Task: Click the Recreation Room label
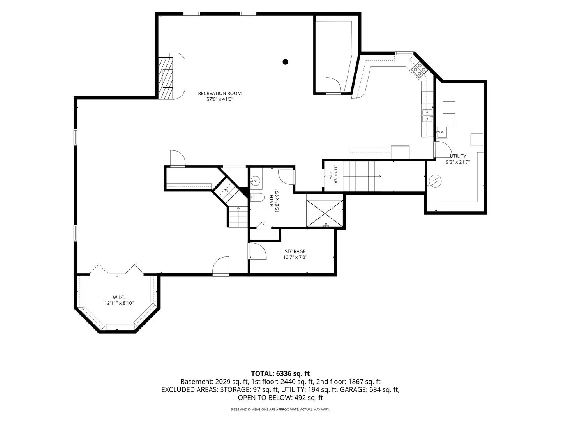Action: pyautogui.click(x=220, y=93)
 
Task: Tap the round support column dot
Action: pyautogui.click(x=285, y=62)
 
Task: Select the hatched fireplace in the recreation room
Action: pyautogui.click(x=165, y=78)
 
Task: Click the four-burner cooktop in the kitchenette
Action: pyautogui.click(x=419, y=69)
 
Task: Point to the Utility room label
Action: pyautogui.click(x=458, y=156)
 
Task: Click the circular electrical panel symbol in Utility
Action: pyautogui.click(x=435, y=181)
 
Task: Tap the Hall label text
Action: pyautogui.click(x=331, y=175)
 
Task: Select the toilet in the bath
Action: pyautogui.click(x=257, y=197)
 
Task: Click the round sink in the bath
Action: pyautogui.click(x=255, y=181)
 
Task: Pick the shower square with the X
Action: pyautogui.click(x=325, y=214)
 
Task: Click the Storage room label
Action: pyautogui.click(x=295, y=251)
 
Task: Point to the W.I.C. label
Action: pyautogui.click(x=119, y=297)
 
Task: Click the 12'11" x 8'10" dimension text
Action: pyautogui.click(x=119, y=303)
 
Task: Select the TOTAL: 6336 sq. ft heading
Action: pyautogui.click(x=280, y=373)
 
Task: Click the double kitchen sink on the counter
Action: pyautogui.click(x=427, y=115)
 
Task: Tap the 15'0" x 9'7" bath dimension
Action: pyautogui.click(x=277, y=200)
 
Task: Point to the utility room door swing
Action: pyautogui.click(x=443, y=149)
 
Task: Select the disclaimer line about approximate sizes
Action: pyautogui.click(x=280, y=409)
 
